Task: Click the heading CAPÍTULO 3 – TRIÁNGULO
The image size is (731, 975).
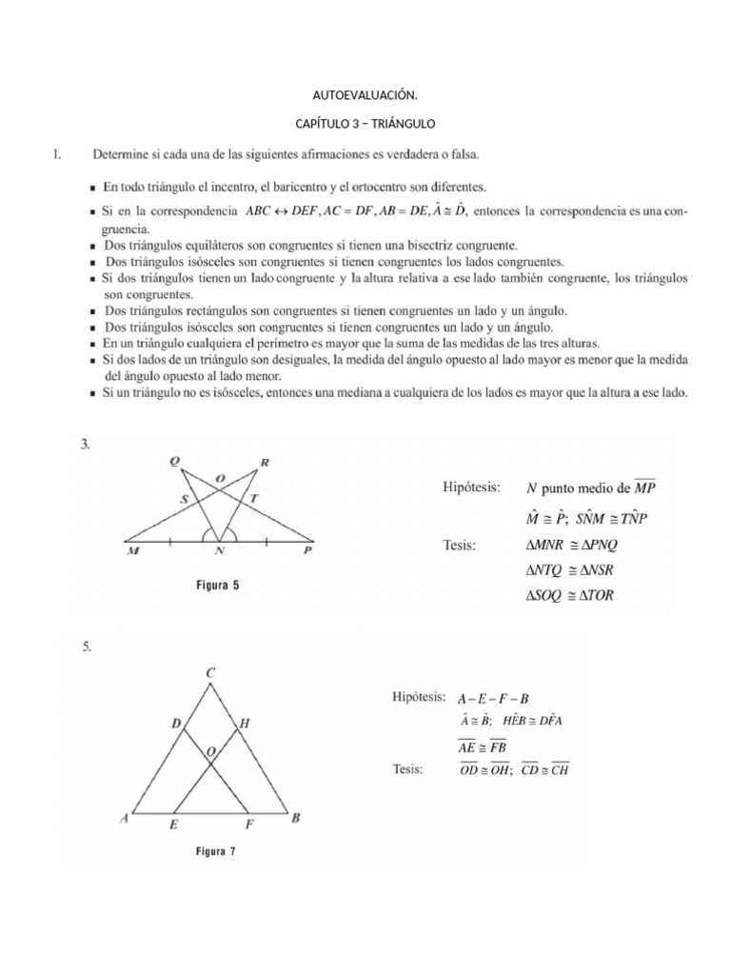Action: pyautogui.click(x=365, y=124)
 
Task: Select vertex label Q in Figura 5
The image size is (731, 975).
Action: pyautogui.click(x=174, y=462)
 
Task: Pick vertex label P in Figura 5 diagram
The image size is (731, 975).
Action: pyautogui.click(x=306, y=550)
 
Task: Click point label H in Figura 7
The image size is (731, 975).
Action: pyautogui.click(x=244, y=724)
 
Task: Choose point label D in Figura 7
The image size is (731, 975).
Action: pyautogui.click(x=175, y=724)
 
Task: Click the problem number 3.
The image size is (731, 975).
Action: pyautogui.click(x=87, y=443)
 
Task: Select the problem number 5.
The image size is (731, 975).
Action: pyautogui.click(x=87, y=647)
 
